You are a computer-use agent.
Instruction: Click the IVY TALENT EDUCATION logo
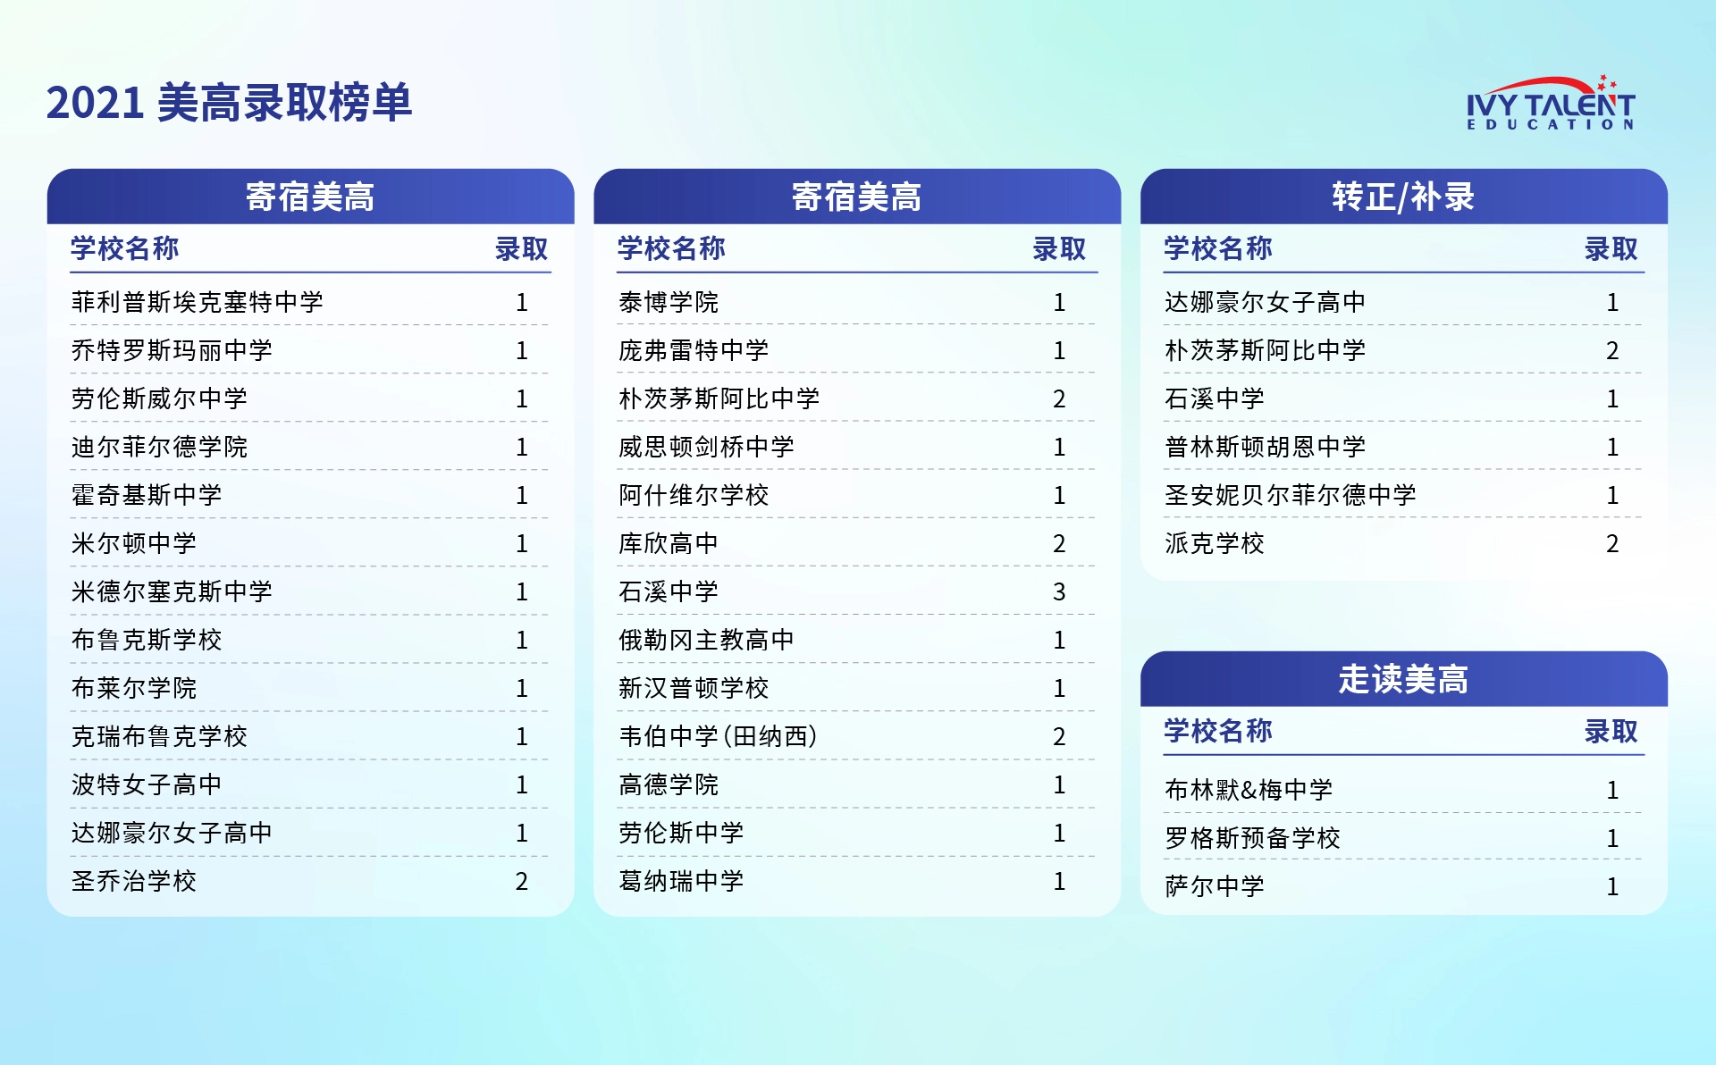pos(1551,103)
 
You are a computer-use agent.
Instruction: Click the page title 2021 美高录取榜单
pos(229,103)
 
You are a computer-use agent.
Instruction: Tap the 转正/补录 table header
pos(1403,197)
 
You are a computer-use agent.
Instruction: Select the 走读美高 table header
pos(1403,679)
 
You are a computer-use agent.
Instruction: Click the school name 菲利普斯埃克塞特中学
pos(198,302)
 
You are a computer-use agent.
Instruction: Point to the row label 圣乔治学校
pos(134,881)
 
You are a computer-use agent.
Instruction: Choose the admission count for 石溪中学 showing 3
pos(1059,591)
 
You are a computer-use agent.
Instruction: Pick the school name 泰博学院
pos(669,302)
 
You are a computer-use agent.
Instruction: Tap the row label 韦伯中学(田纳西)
pos(718,736)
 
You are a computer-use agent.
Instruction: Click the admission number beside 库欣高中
pos(1059,543)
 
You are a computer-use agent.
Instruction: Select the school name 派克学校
pos(1215,543)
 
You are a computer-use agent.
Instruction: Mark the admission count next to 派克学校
pos(1612,543)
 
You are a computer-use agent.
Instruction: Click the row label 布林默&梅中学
pos(1249,790)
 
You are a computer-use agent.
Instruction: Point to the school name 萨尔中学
pos(1215,886)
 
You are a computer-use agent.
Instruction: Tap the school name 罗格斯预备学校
pos(1252,838)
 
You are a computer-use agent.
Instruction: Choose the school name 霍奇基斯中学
pos(147,495)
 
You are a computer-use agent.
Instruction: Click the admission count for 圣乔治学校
pos(522,881)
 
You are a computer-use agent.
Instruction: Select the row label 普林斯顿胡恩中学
pos(1266,447)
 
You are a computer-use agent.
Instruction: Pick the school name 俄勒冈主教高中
pos(706,640)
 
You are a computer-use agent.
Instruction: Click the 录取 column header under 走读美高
pos(1611,731)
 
